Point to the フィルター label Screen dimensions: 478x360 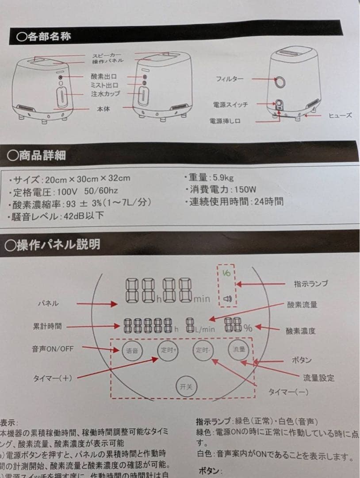click(230, 79)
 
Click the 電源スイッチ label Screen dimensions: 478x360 click(230, 104)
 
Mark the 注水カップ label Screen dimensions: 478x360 click(105, 94)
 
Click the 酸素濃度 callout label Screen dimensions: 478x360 click(301, 331)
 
